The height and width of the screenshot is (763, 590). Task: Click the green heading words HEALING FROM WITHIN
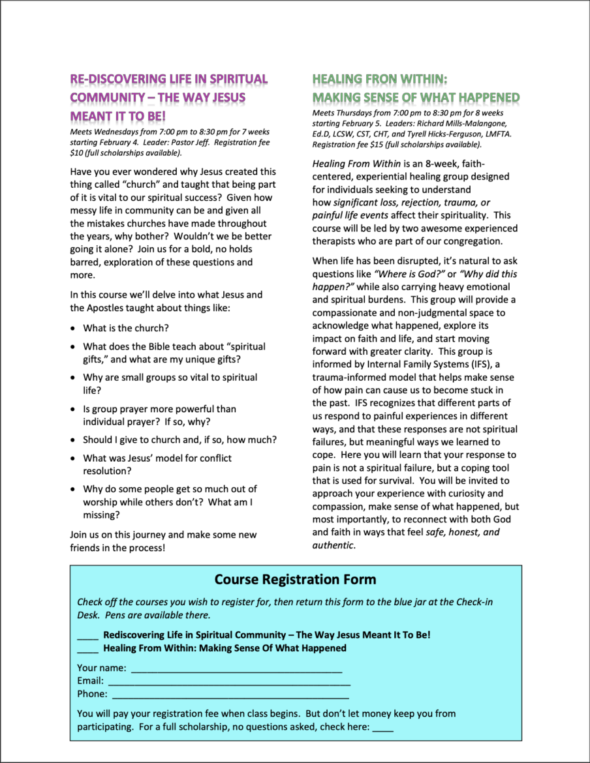(x=379, y=80)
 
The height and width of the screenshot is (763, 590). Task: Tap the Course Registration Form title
(x=295, y=579)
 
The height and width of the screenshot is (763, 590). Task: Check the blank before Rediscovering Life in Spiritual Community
(x=87, y=635)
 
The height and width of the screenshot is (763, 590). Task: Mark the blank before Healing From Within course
(x=87, y=649)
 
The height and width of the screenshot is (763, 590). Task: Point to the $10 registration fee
(x=77, y=153)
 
